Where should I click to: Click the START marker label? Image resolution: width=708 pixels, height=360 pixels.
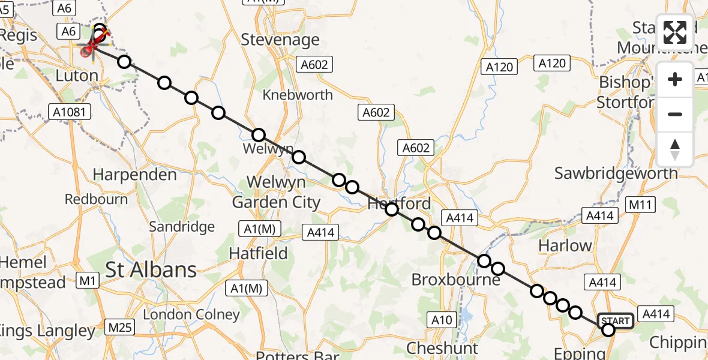click(x=615, y=321)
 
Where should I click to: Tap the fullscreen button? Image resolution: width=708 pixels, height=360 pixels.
click(x=675, y=32)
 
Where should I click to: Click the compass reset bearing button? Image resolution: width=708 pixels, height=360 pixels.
click(x=675, y=149)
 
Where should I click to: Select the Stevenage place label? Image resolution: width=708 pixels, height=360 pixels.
click(x=280, y=40)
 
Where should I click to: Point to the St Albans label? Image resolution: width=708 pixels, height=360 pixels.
click(x=151, y=269)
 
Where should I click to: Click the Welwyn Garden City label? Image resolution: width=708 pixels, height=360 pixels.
click(x=277, y=192)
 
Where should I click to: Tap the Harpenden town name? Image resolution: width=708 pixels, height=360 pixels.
click(x=134, y=175)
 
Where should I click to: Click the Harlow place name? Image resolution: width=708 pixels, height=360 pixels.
click(x=565, y=245)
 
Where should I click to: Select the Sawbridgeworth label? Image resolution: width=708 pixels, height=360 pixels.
click(x=616, y=173)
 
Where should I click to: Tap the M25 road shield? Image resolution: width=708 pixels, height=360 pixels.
click(x=119, y=327)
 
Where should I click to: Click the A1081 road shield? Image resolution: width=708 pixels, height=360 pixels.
click(x=71, y=112)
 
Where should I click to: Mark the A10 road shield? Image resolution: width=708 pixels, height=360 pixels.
click(x=442, y=320)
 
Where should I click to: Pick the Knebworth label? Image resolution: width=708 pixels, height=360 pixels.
click(x=298, y=95)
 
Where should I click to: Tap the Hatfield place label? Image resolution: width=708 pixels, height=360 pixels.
click(x=259, y=254)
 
